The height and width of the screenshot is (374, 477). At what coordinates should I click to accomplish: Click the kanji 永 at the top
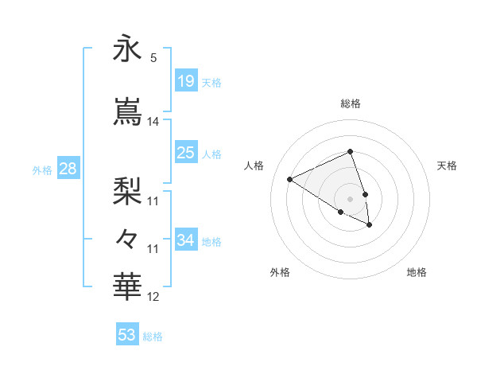(127, 49)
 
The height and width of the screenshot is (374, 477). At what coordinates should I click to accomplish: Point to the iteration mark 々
(127, 238)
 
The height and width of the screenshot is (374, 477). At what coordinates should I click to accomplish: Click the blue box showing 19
(185, 81)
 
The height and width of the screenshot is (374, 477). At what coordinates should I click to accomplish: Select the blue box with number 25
(185, 153)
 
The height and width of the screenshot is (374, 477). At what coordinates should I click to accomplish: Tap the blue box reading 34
(185, 240)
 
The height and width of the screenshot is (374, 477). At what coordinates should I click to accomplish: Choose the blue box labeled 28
(68, 169)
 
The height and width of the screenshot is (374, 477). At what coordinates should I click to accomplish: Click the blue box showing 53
(127, 335)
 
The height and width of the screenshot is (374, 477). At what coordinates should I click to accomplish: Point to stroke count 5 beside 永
(153, 57)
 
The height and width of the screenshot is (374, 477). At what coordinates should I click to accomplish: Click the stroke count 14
(153, 122)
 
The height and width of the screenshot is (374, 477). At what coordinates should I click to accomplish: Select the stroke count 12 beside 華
(153, 298)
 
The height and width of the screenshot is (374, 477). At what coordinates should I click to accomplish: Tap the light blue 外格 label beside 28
(42, 170)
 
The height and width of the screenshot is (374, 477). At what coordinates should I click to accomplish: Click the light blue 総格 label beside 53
(153, 337)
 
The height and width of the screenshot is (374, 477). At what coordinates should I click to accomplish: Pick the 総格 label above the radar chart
(351, 103)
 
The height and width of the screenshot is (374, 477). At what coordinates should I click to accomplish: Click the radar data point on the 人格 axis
(290, 180)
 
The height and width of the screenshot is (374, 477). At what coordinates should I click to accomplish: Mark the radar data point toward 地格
(370, 225)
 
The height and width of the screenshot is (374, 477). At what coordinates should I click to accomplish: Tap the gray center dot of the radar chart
(350, 198)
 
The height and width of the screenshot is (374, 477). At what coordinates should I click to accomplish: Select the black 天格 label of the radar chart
(447, 166)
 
